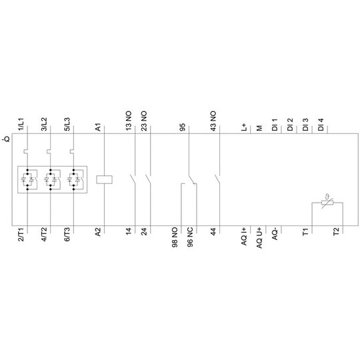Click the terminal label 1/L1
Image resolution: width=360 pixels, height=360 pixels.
coord(21,124)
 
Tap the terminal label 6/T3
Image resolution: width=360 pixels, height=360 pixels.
coord(67,234)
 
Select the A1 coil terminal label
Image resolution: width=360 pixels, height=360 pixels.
coord(98,127)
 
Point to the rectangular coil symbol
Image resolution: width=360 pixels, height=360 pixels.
coord(104,179)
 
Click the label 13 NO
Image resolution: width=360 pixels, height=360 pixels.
coord(129,121)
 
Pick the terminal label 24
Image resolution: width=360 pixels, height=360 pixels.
coord(144,231)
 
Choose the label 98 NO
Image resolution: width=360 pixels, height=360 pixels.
coord(175,237)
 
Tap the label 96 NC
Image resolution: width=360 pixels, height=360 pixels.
coord(190,237)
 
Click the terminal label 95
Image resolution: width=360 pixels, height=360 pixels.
coord(182,127)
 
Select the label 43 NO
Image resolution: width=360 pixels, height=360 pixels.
coord(213,121)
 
